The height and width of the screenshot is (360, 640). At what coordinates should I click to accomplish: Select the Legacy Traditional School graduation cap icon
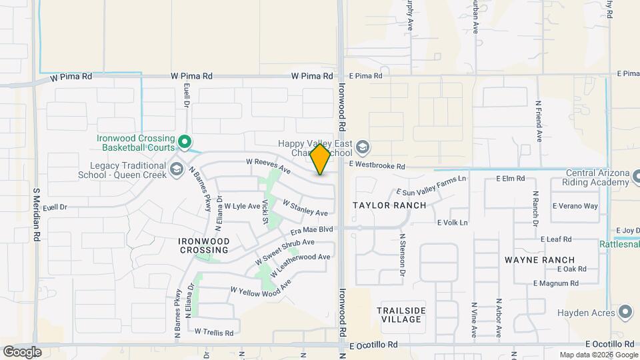point(177,167)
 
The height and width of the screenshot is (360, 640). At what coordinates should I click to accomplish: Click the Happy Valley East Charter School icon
point(362,147)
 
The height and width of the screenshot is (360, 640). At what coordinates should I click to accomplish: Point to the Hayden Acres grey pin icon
point(625,311)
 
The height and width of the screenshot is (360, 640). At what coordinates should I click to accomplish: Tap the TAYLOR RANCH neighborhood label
point(389,205)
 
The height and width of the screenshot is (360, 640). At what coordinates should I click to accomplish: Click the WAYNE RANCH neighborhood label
point(539,259)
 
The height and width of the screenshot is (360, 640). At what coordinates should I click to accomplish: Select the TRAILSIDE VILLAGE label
point(399,315)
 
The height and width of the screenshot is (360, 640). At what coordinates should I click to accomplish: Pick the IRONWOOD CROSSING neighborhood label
point(204,245)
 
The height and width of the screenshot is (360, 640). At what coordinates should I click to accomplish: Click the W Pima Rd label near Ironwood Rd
point(312,77)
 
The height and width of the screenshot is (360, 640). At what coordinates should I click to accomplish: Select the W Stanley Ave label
point(305,207)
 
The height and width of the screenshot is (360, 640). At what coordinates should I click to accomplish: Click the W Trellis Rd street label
point(213,331)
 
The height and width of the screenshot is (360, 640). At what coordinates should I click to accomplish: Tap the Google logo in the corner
point(21,351)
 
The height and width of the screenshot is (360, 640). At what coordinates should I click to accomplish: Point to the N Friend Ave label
point(539,121)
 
